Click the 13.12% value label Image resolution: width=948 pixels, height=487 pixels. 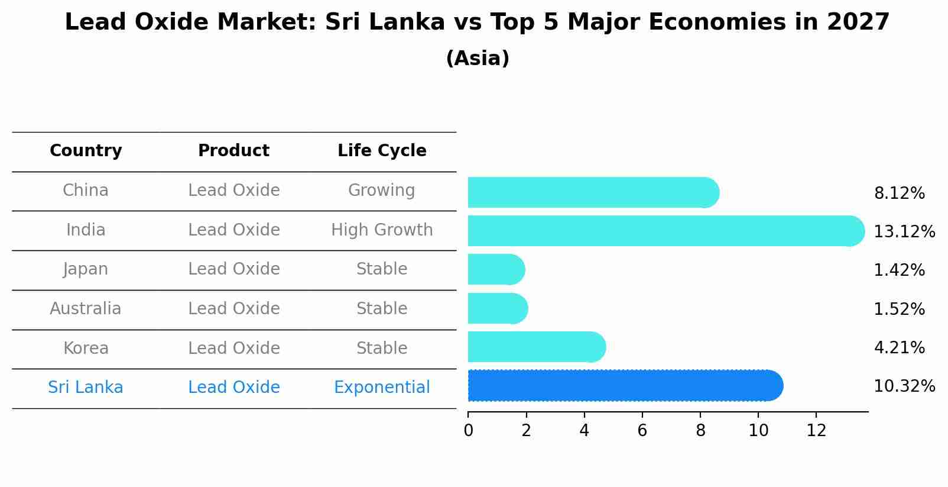click(904, 232)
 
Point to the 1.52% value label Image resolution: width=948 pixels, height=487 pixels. click(899, 309)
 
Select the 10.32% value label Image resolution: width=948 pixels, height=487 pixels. click(904, 386)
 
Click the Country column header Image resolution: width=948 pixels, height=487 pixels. click(86, 151)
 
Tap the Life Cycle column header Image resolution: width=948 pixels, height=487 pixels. click(382, 151)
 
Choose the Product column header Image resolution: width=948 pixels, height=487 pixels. click(233, 151)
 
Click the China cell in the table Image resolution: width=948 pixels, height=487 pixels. click(86, 191)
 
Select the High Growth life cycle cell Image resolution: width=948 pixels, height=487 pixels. click(382, 230)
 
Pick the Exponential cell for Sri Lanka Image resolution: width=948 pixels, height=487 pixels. click(382, 388)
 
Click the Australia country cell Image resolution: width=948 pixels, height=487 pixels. click(86, 309)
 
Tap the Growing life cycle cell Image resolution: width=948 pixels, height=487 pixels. click(382, 191)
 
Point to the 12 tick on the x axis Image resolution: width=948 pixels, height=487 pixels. click(816, 431)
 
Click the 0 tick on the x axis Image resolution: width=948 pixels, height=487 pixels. click(468, 431)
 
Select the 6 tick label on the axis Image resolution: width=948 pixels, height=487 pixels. click(642, 431)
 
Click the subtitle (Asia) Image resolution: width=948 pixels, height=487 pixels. click(478, 59)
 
